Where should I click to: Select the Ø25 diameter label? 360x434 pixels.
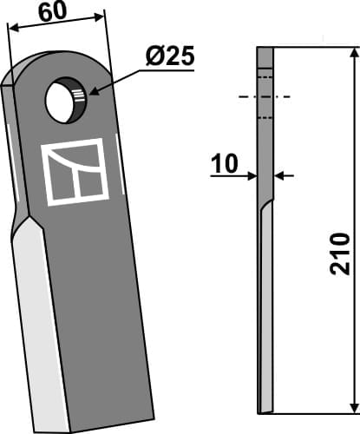click(x=170, y=58)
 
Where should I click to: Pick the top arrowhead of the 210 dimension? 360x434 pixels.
click(x=352, y=54)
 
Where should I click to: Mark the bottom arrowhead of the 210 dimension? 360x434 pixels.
click(x=352, y=406)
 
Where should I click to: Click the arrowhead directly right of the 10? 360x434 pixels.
click(x=252, y=176)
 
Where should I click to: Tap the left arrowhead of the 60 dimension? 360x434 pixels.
click(x=12, y=27)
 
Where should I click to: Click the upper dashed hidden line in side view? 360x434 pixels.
click(x=265, y=79)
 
